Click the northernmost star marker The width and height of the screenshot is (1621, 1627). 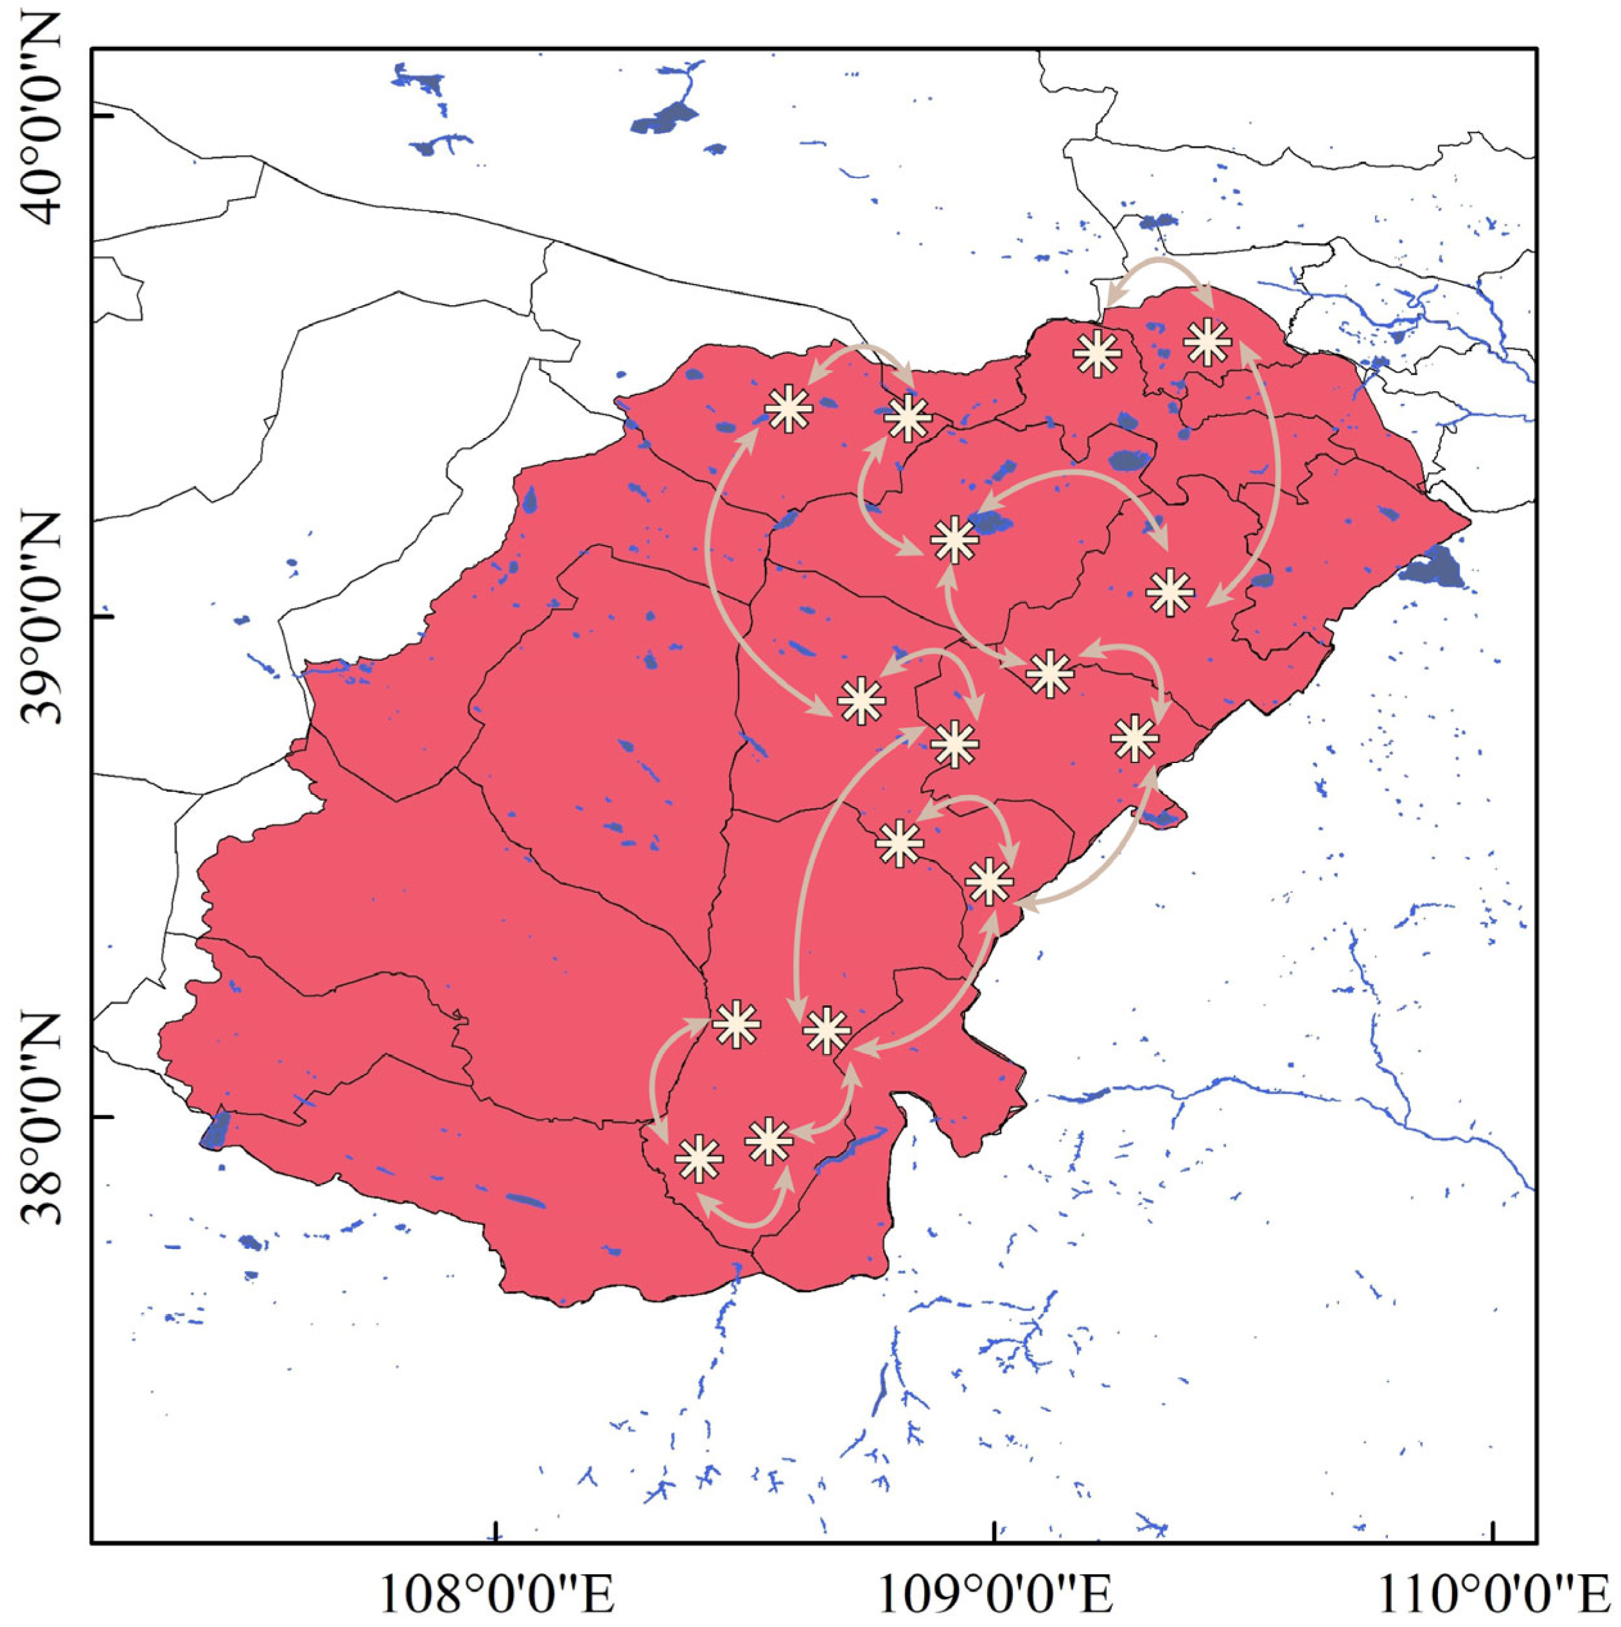[x=1207, y=341]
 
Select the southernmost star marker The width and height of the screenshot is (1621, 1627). [x=699, y=1159]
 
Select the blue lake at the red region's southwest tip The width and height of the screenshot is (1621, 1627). [x=216, y=1129]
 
